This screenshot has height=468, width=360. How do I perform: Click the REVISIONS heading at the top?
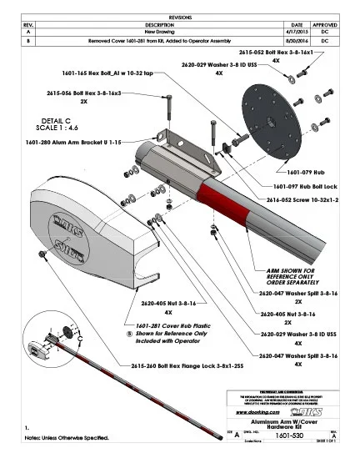pos(179,16)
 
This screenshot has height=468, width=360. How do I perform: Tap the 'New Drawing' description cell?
pos(157,32)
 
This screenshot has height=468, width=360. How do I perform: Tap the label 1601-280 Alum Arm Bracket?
pos(66,143)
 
